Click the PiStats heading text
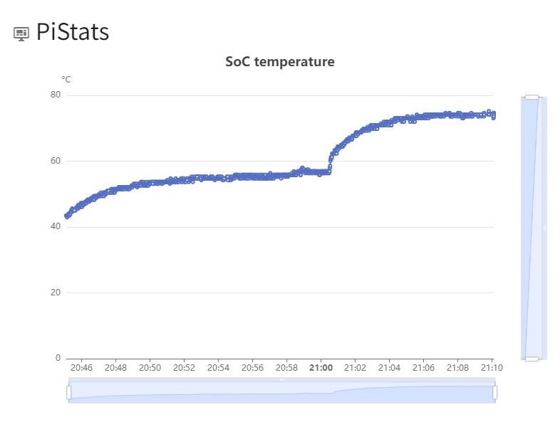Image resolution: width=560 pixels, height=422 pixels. tap(72, 32)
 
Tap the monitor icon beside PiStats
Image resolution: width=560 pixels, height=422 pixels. tap(21, 33)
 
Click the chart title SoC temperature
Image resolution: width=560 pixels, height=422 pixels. tap(280, 62)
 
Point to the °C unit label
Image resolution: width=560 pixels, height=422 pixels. tap(66, 80)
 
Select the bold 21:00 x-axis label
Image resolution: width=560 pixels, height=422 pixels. tap(321, 369)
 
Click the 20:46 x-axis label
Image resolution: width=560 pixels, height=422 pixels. tap(81, 369)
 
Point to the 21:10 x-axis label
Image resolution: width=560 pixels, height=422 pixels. tap(492, 369)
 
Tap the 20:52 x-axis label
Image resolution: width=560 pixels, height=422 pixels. tap(184, 369)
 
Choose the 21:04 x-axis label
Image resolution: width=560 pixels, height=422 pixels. tap(389, 369)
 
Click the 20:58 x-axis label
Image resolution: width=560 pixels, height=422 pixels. tap(286, 369)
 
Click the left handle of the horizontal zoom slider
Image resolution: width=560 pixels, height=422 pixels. tap(69, 392)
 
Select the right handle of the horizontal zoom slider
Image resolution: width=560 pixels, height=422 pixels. tap(495, 392)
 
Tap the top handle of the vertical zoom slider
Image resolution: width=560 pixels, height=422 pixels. tap(532, 96)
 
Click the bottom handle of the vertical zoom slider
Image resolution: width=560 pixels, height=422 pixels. tap(532, 359)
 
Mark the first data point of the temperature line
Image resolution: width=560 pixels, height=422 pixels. tap(66, 216)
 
